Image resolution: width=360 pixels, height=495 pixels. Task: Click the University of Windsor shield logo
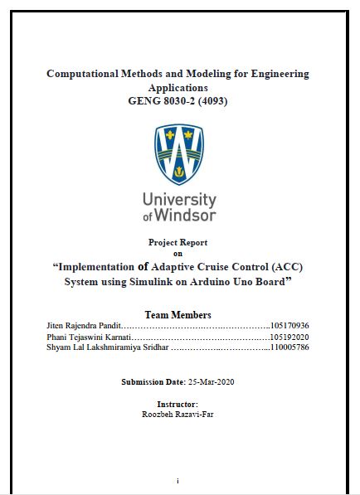(x=178, y=154)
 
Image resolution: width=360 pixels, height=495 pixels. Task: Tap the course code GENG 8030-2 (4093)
(x=178, y=101)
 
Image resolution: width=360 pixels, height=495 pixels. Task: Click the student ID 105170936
(x=289, y=326)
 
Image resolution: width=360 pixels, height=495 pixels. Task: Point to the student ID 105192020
(x=289, y=337)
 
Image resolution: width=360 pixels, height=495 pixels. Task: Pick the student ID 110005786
(x=289, y=347)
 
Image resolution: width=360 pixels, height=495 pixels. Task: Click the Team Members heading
(x=178, y=315)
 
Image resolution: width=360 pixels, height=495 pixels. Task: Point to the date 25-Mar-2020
(x=211, y=382)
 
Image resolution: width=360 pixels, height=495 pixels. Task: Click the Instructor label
(x=178, y=404)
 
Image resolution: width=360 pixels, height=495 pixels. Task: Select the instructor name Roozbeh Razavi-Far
(x=178, y=412)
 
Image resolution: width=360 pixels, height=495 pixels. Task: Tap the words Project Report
(x=178, y=242)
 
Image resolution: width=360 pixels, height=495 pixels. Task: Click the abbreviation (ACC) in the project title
(x=285, y=267)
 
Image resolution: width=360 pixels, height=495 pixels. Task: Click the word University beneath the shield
(x=179, y=200)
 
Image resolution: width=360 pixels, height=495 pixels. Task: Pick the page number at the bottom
(x=178, y=481)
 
